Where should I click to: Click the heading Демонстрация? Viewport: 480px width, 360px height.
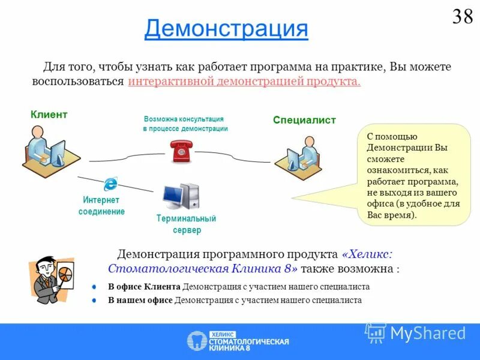226,28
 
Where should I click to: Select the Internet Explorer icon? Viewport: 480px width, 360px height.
110,184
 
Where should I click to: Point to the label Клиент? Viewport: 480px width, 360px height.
49,114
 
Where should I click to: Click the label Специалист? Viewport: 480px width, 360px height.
304,120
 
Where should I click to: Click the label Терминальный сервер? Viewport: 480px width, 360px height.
185,224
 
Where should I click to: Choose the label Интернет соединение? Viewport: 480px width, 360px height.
101,205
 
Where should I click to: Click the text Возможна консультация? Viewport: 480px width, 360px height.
184,119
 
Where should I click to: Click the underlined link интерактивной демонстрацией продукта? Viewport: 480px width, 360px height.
244,81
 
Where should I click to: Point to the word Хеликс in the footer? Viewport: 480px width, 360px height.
223,334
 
